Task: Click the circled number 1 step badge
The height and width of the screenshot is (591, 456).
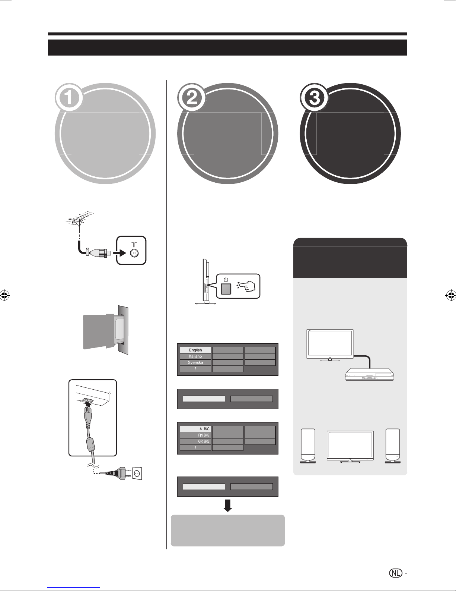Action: click(x=69, y=98)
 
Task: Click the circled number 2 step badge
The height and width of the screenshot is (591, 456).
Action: click(x=192, y=98)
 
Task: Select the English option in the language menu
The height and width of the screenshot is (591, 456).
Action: click(x=195, y=350)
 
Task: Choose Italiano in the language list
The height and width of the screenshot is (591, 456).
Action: click(x=195, y=356)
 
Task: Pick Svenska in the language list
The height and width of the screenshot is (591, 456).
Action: click(x=195, y=362)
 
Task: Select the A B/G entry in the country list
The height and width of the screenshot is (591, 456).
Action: click(x=195, y=429)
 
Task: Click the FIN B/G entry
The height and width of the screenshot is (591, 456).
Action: click(x=195, y=435)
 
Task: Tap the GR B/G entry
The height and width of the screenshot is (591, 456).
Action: click(x=195, y=441)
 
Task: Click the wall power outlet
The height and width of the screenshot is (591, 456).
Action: click(x=137, y=473)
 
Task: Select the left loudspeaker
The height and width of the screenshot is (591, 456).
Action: click(x=308, y=446)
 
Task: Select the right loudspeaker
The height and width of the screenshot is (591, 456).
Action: click(x=393, y=446)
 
